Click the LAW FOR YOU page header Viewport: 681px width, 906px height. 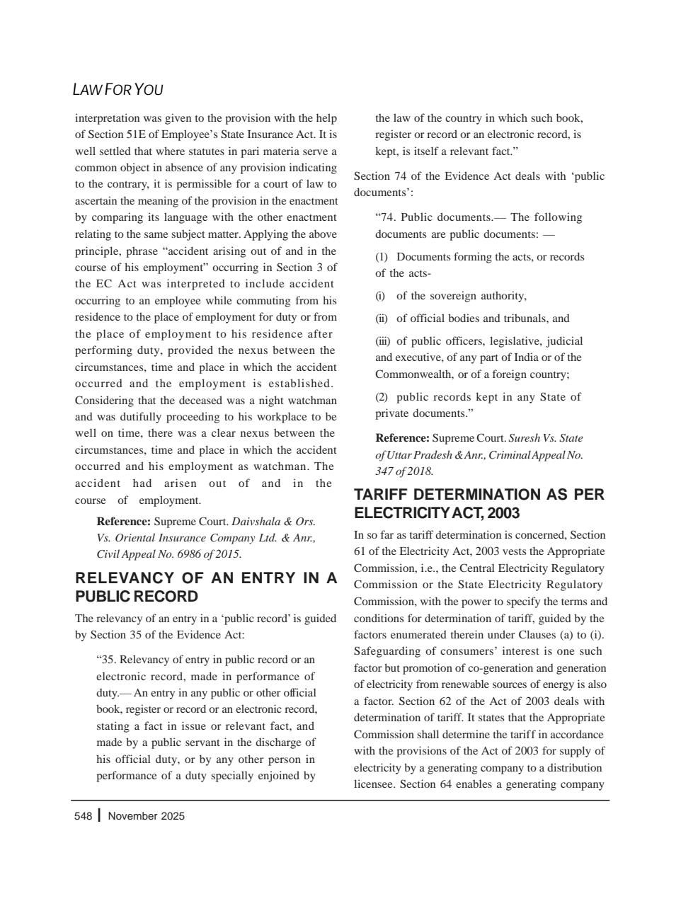[x=118, y=90]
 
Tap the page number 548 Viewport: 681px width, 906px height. [x=83, y=816]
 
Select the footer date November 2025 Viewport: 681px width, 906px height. [x=146, y=816]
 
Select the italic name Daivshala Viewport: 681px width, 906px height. [x=258, y=522]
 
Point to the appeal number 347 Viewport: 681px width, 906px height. [x=386, y=471]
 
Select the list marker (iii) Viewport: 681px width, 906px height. [x=382, y=341]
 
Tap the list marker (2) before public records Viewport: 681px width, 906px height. [x=382, y=397]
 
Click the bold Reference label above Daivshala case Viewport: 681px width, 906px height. [x=123, y=522]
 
